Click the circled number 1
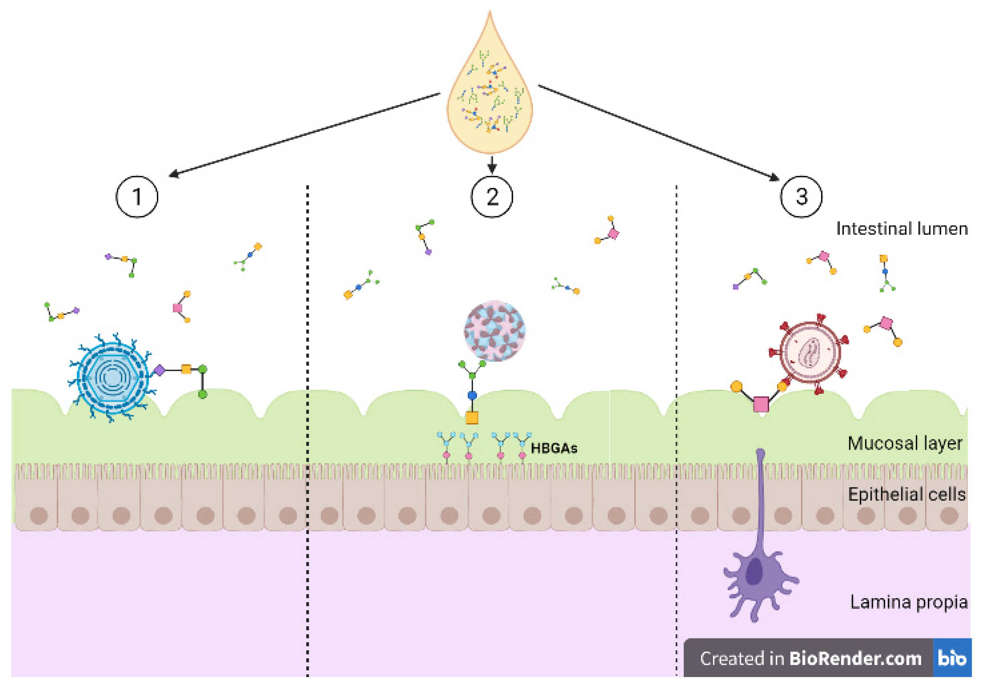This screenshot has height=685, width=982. pos(137,197)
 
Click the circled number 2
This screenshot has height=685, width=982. pos(492,197)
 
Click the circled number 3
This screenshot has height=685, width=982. pos(801,197)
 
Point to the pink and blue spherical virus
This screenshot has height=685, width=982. pos(495,331)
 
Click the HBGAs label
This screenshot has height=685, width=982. pos(554,449)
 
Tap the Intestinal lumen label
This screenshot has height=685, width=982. pos(902,229)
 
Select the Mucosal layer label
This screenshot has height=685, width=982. pos(905,443)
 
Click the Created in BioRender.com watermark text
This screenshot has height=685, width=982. pos(810,658)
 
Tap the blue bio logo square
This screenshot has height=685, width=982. pos(952,657)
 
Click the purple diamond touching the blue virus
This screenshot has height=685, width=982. pos(159,370)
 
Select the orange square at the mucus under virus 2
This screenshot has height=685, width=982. pos(472,418)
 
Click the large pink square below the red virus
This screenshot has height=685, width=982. pos(761,404)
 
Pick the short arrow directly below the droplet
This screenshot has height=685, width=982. pos(492,165)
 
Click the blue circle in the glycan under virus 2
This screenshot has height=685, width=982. pos(472,395)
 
